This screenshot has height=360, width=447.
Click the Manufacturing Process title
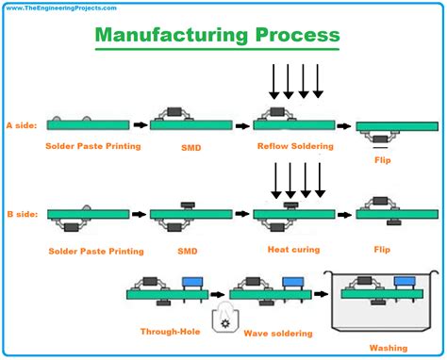(x=217, y=35)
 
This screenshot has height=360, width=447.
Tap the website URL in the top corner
(x=61, y=8)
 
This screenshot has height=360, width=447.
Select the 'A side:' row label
(x=22, y=125)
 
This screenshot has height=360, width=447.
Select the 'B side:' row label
(x=23, y=214)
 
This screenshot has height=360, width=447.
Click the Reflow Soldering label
(x=295, y=146)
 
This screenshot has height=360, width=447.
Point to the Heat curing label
(x=294, y=250)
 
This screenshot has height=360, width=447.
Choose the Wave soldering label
(x=278, y=334)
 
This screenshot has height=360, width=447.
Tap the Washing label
(x=389, y=348)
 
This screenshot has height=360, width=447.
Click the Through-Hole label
(x=171, y=332)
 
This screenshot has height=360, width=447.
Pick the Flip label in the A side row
(x=383, y=160)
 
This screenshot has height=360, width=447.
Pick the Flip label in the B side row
(x=382, y=250)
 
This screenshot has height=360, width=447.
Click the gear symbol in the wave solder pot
(x=224, y=323)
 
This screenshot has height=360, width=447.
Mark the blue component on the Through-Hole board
(x=192, y=282)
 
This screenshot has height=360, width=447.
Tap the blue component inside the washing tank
(x=405, y=281)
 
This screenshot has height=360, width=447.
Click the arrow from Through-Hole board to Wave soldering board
(x=218, y=295)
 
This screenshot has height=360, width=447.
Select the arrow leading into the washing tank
(x=321, y=294)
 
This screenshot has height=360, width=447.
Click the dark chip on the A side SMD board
(x=174, y=111)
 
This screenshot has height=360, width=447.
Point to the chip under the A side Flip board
(x=380, y=139)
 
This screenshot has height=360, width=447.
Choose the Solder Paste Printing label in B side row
(x=96, y=252)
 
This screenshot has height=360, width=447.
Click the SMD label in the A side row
(x=191, y=148)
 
